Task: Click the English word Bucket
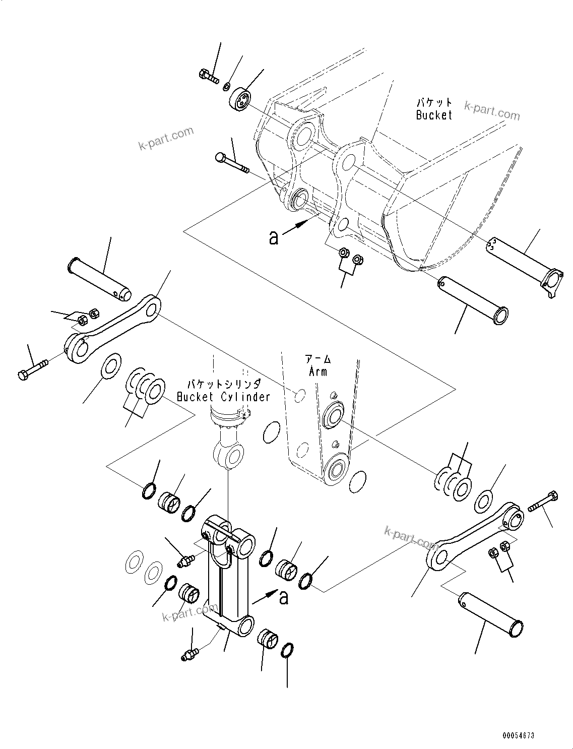click(434, 115)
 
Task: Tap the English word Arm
click(317, 371)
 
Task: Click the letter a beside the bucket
click(274, 237)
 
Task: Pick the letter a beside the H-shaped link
click(284, 598)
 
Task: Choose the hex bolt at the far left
click(32, 369)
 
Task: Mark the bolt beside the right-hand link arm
click(543, 502)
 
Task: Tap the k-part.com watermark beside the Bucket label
click(491, 111)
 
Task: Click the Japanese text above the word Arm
click(318, 359)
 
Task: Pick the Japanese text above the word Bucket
click(434, 102)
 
